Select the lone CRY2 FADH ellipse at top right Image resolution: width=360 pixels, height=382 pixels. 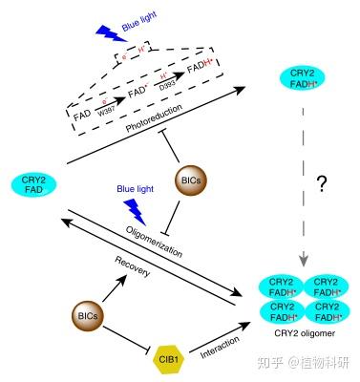(300, 79)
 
